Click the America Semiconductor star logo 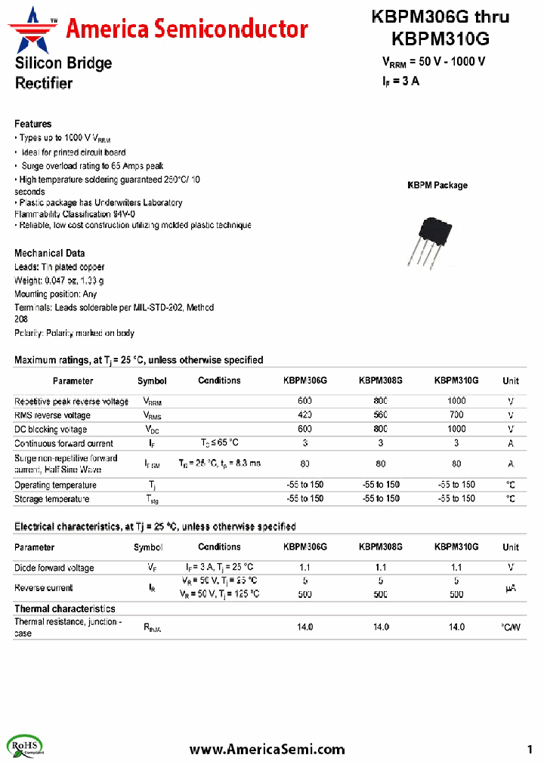click(x=32, y=28)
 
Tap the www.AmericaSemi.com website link click(x=267, y=749)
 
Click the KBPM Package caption click(x=437, y=185)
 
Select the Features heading click(x=33, y=124)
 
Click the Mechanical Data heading click(x=50, y=253)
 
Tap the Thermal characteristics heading click(x=65, y=608)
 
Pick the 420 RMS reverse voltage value click(x=305, y=415)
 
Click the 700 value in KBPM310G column click(x=456, y=415)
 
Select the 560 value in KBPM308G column click(x=381, y=415)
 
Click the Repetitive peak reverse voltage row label click(x=72, y=402)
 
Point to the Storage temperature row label click(x=51, y=499)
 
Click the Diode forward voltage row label click(x=54, y=568)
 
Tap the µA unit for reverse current click(x=511, y=587)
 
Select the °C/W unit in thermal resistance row click(x=511, y=627)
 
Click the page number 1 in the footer click(x=530, y=749)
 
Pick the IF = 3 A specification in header click(x=400, y=82)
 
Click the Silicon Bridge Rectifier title click(x=63, y=73)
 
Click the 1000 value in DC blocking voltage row click(x=456, y=429)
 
